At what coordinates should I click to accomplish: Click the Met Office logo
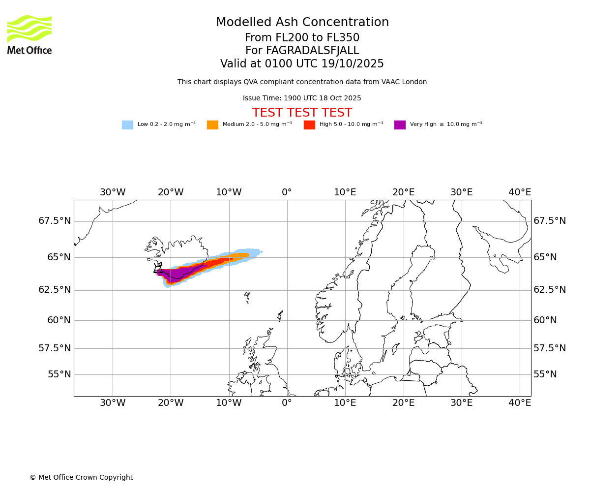pos(29,34)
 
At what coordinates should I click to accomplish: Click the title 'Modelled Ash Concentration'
pos(302,23)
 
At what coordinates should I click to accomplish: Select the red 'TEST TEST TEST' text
pos(302,113)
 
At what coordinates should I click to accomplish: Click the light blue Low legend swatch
pos(127,125)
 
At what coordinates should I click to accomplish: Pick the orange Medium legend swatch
pos(212,125)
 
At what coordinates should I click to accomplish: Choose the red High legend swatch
pos(309,125)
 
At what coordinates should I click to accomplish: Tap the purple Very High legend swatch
pos(400,125)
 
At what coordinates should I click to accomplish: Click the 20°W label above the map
pos(171,192)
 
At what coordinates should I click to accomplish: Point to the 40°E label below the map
pos(520,403)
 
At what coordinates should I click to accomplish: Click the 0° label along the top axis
pos(287,192)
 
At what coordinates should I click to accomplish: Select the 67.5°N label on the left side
pos(55,221)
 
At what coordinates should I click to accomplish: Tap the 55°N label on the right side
pos(545,374)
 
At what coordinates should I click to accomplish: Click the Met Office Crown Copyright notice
pos(81,478)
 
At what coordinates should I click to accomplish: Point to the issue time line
pos(302,98)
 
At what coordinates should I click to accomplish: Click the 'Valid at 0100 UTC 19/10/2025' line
pos(302,64)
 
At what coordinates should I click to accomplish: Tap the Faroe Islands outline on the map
pos(247,297)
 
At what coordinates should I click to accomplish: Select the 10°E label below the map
pos(345,403)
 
